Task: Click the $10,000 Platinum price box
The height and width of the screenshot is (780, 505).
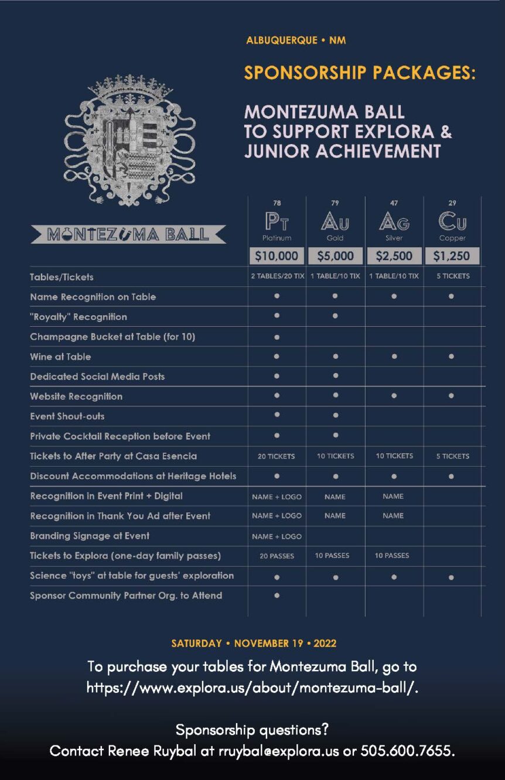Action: point(277,256)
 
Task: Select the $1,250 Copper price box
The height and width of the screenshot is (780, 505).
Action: point(452,256)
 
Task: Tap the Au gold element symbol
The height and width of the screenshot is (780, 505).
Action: point(335,221)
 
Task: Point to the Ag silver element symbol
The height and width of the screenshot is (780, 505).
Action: point(394,221)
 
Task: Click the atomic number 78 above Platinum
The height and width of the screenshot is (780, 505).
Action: point(277,203)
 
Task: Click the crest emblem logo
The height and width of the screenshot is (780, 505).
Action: point(129,141)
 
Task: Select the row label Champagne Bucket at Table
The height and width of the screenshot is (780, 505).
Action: point(112,337)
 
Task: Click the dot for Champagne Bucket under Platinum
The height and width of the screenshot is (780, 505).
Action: point(277,337)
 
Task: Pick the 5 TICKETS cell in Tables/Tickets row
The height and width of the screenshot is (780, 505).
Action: point(452,276)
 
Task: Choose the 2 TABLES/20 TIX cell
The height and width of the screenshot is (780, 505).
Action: point(277,276)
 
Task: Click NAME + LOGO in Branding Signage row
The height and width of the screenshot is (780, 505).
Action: point(277,536)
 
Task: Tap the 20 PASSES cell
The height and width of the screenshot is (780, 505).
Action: point(277,556)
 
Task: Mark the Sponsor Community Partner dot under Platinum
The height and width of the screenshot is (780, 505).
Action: point(277,596)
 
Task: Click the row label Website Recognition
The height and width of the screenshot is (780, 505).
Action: point(76,396)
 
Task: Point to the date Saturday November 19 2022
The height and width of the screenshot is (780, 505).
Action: point(254,643)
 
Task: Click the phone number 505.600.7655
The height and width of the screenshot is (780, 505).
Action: point(407,751)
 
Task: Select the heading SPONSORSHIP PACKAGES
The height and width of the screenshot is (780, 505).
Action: point(359,73)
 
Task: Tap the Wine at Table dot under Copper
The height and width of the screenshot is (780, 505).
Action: point(452,357)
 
